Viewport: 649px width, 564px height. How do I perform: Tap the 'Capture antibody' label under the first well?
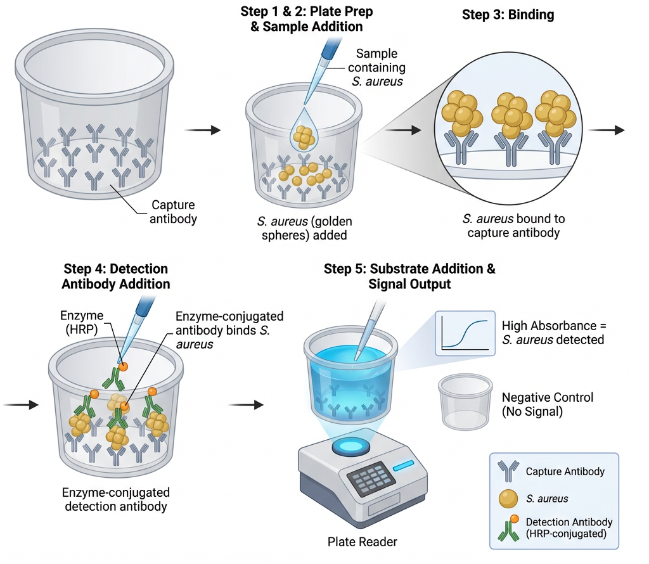[x=172, y=212]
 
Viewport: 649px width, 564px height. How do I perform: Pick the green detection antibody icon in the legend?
[x=508, y=529]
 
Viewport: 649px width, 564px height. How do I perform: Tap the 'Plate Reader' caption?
[x=362, y=541]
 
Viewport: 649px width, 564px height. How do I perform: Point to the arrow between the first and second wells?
[x=202, y=130]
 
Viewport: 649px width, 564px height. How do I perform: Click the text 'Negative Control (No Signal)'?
[x=548, y=404]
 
